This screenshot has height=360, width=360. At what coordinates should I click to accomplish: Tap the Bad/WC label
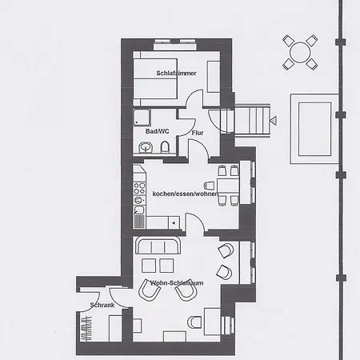coord(156,130)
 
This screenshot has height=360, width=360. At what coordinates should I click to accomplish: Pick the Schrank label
coord(103,306)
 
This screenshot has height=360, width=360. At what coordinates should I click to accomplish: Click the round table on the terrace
coord(300,52)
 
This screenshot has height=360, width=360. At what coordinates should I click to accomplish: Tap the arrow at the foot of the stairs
coord(273,121)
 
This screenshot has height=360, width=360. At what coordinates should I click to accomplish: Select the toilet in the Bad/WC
coord(164,147)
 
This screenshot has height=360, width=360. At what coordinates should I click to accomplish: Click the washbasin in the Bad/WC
coord(146,147)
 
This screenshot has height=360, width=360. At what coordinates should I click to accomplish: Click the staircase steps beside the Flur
coord(250,122)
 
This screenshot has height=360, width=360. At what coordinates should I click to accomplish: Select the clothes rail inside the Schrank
coord(85,329)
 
